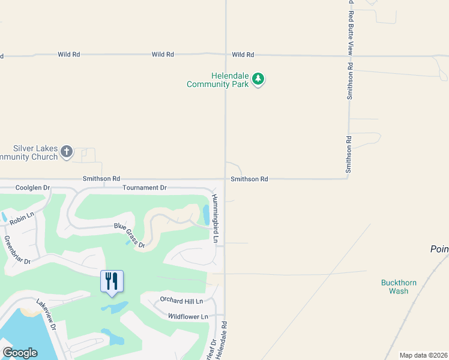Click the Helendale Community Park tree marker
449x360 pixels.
(258, 79)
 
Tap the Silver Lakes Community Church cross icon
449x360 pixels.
(67, 152)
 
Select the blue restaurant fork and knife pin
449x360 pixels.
(112, 281)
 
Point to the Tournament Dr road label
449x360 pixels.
(144, 188)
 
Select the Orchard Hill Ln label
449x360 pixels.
(181, 301)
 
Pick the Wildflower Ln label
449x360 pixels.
(188, 316)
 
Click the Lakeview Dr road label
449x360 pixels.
(46, 316)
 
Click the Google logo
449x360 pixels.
(20, 353)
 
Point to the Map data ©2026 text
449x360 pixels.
(423, 355)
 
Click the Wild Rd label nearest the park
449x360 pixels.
(243, 55)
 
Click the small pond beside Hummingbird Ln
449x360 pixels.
(206, 214)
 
